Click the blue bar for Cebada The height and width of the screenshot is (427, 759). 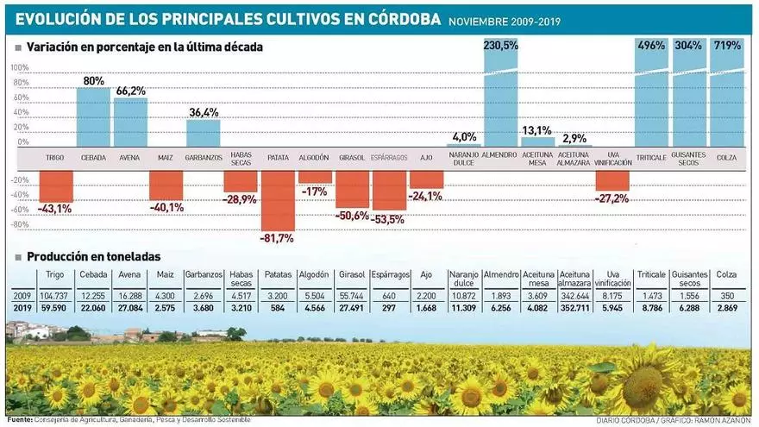pos(93,117)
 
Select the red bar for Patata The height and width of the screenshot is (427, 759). pos(278,200)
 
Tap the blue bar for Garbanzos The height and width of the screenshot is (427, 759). pos(204,133)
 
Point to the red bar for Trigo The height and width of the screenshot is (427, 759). pos(56,185)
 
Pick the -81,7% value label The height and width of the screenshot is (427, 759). pos(278,237)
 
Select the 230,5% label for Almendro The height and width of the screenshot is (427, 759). pos(501,45)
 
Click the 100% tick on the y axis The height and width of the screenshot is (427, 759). pos(19,67)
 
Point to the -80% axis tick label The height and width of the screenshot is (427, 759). pos(18,225)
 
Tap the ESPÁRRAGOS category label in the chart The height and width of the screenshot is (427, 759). pos(388,158)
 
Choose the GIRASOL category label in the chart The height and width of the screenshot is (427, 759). pos(351,158)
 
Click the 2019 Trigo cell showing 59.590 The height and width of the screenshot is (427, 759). pos(54,307)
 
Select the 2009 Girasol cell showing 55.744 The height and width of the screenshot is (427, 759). pos(351,296)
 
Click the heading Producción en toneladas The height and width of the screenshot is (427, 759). pos(93,256)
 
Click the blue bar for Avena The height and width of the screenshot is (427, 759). pos(130,122)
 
